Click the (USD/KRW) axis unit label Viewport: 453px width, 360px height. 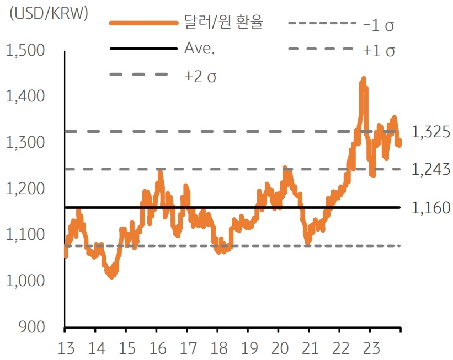[49, 14]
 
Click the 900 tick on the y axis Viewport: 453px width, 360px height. [34, 327]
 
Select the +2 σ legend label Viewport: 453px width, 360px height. [200, 76]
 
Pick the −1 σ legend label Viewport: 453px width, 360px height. [380, 24]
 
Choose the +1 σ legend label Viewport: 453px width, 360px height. [380, 50]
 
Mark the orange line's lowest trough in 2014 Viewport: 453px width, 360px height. [111, 276]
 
